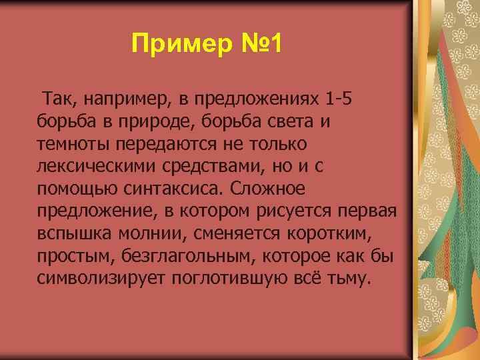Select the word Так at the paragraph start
[x=57, y=100]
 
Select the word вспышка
[x=73, y=233]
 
